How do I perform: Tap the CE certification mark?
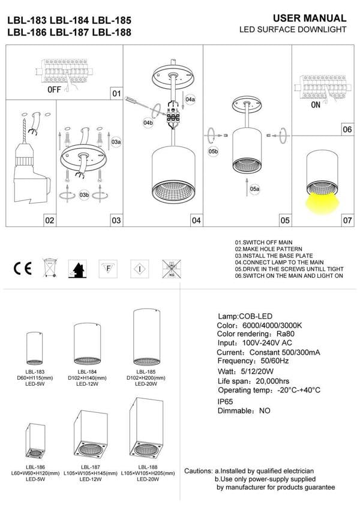(x=23, y=268)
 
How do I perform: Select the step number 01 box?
(x=116, y=94)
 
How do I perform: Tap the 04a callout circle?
(x=190, y=98)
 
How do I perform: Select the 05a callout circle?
(x=255, y=188)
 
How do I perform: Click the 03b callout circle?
(x=84, y=195)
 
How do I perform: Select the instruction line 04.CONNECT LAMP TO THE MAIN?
(x=279, y=262)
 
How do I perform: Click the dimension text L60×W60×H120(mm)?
(x=34, y=473)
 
